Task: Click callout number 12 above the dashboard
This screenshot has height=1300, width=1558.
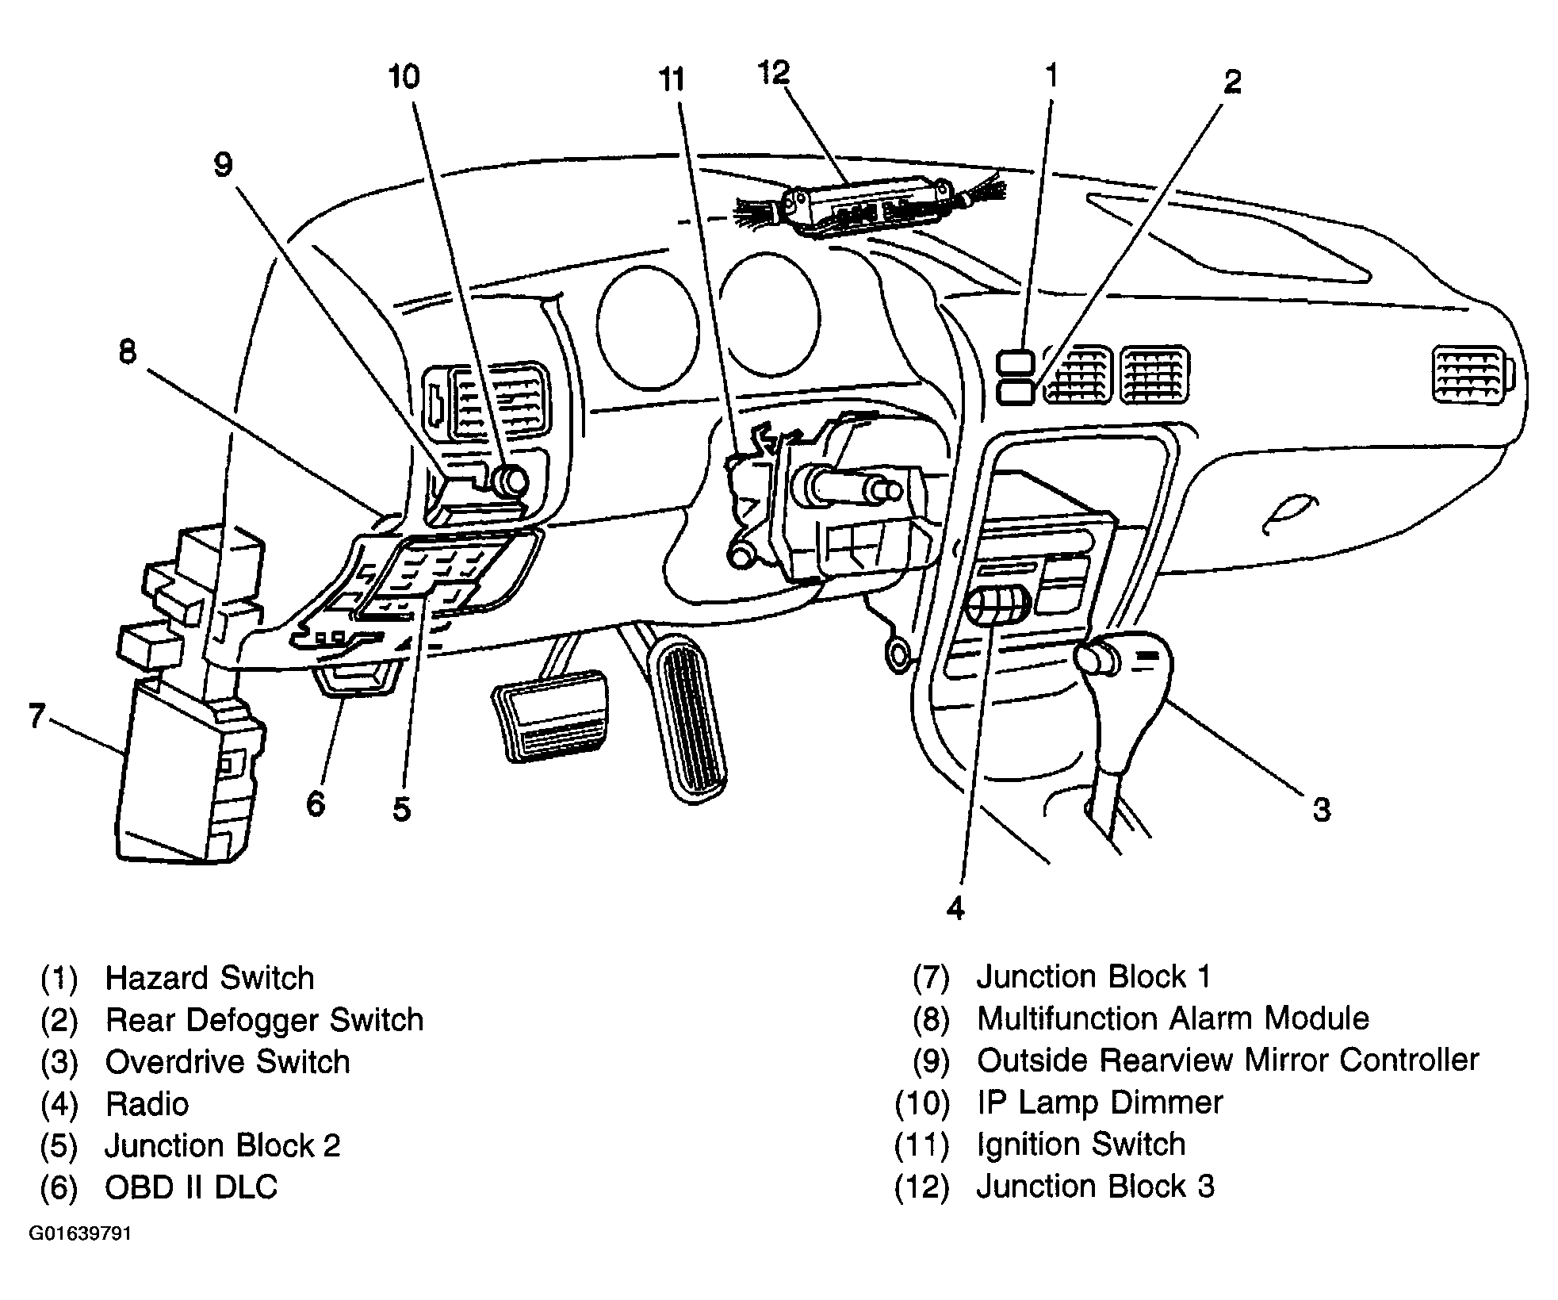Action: pos(774,73)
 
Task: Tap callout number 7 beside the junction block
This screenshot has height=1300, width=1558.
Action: pos(36,715)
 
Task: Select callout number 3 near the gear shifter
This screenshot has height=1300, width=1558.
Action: pos(1321,810)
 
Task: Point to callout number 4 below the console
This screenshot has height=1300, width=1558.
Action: pos(955,908)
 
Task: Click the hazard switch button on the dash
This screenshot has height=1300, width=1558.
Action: pos(1015,362)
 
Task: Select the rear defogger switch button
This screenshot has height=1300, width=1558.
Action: pos(1015,393)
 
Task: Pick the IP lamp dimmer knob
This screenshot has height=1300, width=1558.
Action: pos(509,481)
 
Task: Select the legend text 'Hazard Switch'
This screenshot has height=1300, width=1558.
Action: pos(209,978)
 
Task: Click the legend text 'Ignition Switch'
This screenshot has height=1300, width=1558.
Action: pos(1081,1145)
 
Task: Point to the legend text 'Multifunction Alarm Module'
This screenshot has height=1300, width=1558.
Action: pos(1173,1018)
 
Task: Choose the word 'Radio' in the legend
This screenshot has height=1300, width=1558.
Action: pos(147,1104)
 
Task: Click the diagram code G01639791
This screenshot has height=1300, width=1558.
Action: pos(80,1234)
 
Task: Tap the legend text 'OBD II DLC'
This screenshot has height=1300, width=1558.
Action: pos(191,1187)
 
